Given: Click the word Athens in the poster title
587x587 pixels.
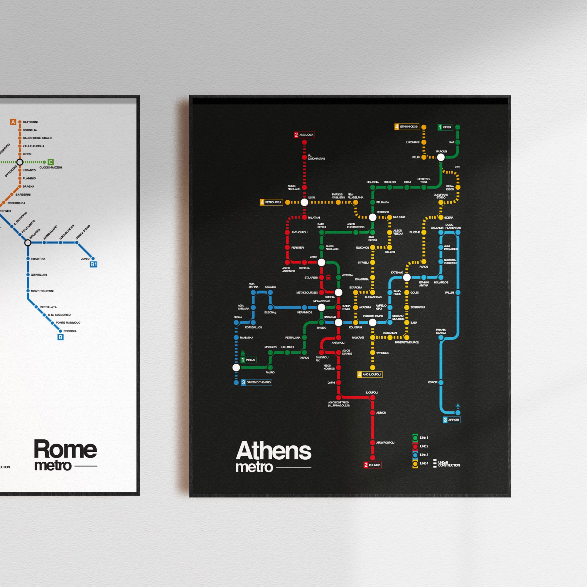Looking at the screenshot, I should (x=274, y=451).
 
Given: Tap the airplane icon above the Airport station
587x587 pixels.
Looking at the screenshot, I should (x=458, y=406).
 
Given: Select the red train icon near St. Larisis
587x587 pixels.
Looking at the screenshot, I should (x=328, y=277).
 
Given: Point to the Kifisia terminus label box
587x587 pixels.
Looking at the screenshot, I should (x=445, y=127).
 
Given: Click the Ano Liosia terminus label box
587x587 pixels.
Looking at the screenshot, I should (x=304, y=135).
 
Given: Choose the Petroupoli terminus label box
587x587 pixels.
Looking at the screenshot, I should (x=271, y=202).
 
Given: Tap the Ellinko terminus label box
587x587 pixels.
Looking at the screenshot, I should (x=372, y=465).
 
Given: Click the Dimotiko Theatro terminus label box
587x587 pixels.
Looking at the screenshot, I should (x=257, y=382).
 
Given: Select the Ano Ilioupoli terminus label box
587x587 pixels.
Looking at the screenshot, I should (x=370, y=374).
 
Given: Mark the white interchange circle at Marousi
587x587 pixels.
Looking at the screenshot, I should (x=441, y=157).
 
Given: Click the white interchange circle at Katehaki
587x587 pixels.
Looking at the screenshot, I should (x=407, y=277).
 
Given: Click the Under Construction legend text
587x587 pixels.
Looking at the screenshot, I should (x=449, y=464).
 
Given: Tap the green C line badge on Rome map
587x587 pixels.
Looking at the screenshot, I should (x=51, y=162).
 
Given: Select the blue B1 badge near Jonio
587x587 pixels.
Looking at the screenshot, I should (x=94, y=264).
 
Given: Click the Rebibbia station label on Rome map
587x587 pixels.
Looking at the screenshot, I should (x=70, y=331).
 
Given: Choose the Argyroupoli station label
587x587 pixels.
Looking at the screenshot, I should (x=385, y=443).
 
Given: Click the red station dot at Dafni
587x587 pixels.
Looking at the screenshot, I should (x=338, y=382).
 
